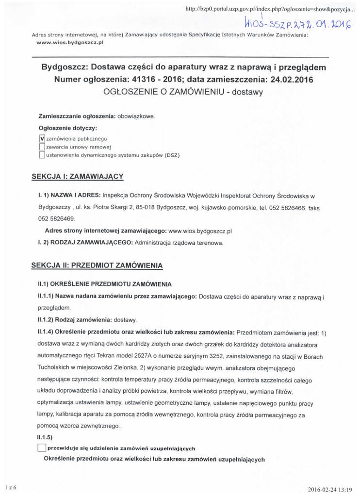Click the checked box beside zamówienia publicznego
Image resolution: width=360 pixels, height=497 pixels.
click(x=42, y=138)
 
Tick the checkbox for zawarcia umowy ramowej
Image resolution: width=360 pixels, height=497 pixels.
click(x=42, y=147)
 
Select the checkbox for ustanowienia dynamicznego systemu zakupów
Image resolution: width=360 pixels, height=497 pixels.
click(x=42, y=155)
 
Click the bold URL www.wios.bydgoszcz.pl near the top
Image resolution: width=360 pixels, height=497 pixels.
click(x=70, y=42)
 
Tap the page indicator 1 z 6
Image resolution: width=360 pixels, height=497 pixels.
click(x=11, y=487)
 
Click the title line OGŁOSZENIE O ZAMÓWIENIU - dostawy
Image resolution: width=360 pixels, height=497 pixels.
click(x=183, y=92)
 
